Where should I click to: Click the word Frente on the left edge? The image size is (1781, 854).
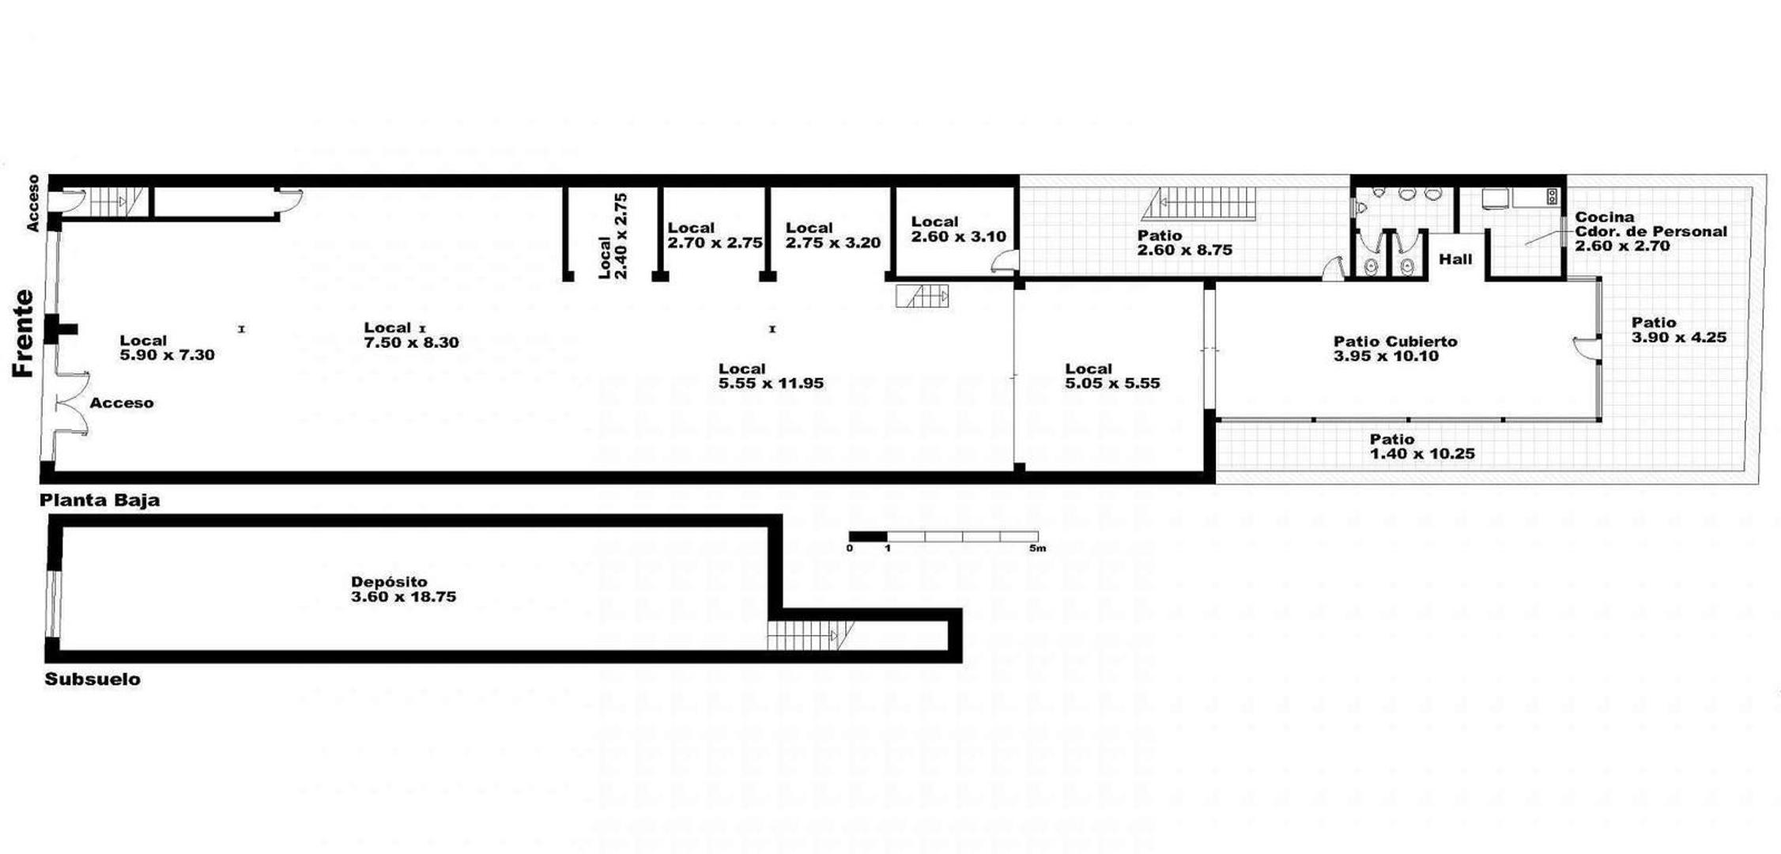click(x=24, y=334)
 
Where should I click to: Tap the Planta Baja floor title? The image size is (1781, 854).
click(x=100, y=501)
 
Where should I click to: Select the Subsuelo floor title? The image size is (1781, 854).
click(x=92, y=679)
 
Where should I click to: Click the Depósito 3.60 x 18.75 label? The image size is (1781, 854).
click(x=403, y=590)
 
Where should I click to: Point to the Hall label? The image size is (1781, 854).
click(x=1455, y=259)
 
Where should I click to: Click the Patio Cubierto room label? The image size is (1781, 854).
click(x=1395, y=342)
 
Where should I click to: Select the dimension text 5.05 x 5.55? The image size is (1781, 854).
click(x=1112, y=384)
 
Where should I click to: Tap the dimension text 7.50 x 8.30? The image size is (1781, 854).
click(x=411, y=342)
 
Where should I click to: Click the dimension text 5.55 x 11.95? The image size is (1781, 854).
click(x=771, y=384)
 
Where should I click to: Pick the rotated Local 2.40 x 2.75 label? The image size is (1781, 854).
click(x=613, y=236)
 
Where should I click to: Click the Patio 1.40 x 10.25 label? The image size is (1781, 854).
click(x=1422, y=447)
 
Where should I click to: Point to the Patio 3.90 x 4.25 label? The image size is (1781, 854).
click(x=1679, y=330)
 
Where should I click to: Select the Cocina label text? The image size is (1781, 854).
click(x=1605, y=217)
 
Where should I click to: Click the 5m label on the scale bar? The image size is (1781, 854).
click(x=1037, y=548)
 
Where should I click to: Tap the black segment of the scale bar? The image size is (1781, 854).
click(x=868, y=536)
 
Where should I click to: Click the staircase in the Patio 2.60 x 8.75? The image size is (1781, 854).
click(x=1198, y=203)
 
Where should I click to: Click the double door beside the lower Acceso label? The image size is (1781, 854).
click(x=71, y=404)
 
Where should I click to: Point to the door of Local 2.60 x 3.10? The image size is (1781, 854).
click(x=1005, y=262)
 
